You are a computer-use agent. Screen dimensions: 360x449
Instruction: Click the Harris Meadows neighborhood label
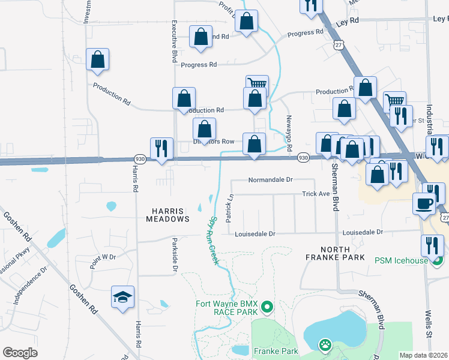click(x=168, y=214)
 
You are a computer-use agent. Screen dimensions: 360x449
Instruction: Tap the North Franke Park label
click(x=343, y=253)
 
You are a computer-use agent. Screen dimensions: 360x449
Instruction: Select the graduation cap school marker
click(x=123, y=297)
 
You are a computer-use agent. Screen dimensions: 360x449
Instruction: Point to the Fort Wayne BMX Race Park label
click(x=226, y=308)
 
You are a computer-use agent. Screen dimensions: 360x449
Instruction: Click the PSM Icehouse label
click(x=402, y=260)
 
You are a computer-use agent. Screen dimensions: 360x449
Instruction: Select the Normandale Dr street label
click(x=270, y=179)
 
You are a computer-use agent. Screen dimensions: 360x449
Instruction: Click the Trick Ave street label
click(x=316, y=194)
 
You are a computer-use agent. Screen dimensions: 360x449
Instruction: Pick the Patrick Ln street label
click(x=229, y=208)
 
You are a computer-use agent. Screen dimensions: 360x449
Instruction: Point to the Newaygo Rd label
click(x=289, y=133)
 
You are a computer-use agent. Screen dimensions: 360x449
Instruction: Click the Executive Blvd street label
click(x=174, y=40)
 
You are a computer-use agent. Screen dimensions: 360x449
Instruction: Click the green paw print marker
click(x=325, y=345)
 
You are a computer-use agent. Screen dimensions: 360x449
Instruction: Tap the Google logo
click(x=20, y=353)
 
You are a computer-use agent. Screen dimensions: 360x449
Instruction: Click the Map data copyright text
click(x=423, y=355)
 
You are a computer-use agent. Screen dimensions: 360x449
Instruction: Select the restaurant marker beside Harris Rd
click(x=161, y=148)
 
